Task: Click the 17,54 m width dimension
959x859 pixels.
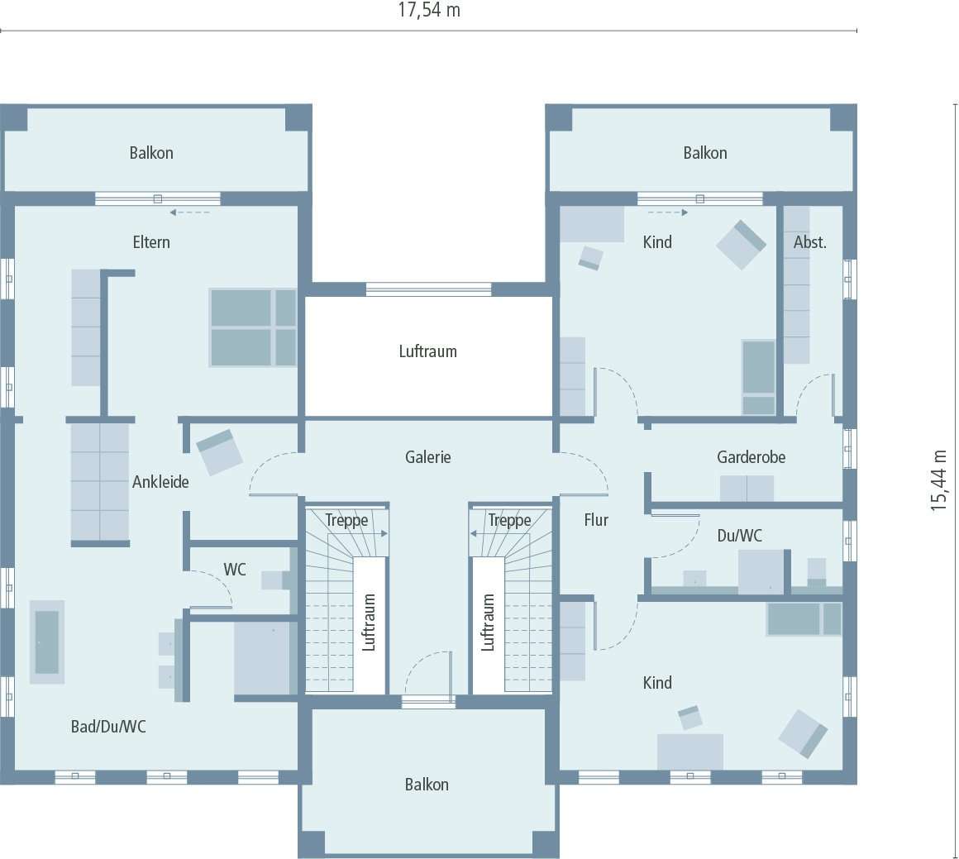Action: coord(428,11)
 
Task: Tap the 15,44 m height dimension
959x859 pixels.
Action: coord(939,480)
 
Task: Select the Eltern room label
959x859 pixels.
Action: coord(151,242)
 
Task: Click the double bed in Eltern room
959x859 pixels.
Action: coord(252,327)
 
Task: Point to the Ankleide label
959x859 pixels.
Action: coord(160,482)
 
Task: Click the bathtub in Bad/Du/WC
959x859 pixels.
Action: coord(47,642)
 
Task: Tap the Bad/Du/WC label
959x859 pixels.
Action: coord(108,727)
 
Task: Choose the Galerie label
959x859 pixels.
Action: coord(428,457)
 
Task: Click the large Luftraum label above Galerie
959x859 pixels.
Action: coord(427,351)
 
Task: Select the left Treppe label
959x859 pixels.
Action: coord(346,521)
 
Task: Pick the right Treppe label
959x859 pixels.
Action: coord(509,521)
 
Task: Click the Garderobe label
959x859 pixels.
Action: coord(751,457)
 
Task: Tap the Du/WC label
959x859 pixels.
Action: coord(739,536)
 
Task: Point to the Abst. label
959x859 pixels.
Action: coord(809,242)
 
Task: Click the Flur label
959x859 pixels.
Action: coord(596,520)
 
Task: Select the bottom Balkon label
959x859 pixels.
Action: coord(427,785)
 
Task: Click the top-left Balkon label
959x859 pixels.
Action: coord(151,153)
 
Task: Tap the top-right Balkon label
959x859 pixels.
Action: coord(704,153)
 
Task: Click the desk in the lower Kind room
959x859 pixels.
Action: coord(689,751)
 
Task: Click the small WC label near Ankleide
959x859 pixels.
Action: coord(235,570)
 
